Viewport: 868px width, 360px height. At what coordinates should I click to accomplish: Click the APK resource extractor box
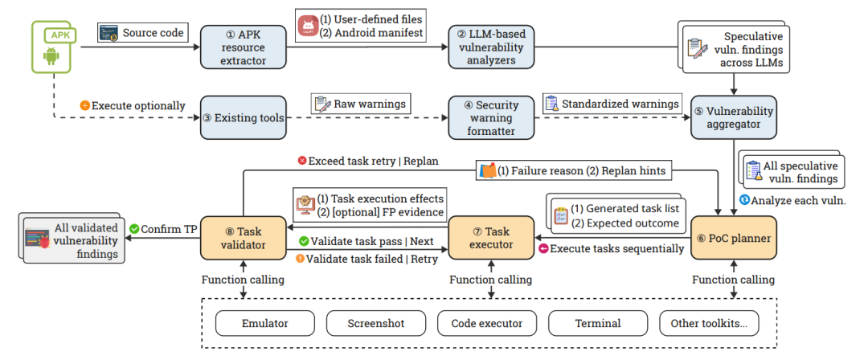click(x=244, y=47)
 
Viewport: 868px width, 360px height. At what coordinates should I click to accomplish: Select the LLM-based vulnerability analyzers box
click(x=492, y=47)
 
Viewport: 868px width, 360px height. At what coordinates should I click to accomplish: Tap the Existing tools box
click(x=244, y=117)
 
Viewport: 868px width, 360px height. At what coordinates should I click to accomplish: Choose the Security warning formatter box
click(x=492, y=117)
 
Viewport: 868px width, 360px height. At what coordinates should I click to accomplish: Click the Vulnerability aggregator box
click(x=734, y=117)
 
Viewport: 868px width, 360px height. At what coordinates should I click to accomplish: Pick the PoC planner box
click(x=734, y=238)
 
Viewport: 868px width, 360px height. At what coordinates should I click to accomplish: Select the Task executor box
click(x=492, y=238)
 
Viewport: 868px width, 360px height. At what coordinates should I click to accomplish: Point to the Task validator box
click(x=244, y=238)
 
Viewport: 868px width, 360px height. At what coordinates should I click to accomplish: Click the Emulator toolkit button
click(x=264, y=324)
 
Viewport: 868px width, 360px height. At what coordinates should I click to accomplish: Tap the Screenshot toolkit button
click(x=376, y=324)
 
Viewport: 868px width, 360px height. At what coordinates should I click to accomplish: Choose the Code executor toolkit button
click(x=487, y=324)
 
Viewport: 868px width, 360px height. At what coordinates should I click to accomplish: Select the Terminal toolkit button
click(x=598, y=324)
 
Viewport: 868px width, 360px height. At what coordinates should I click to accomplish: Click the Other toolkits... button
click(x=709, y=324)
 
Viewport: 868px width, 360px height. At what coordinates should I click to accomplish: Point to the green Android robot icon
click(x=51, y=55)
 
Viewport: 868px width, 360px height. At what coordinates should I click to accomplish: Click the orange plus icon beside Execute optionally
click(x=84, y=105)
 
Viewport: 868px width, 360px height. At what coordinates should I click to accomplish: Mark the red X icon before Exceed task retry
click(x=302, y=161)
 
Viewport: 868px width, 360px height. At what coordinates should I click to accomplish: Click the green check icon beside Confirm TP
click(x=134, y=228)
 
